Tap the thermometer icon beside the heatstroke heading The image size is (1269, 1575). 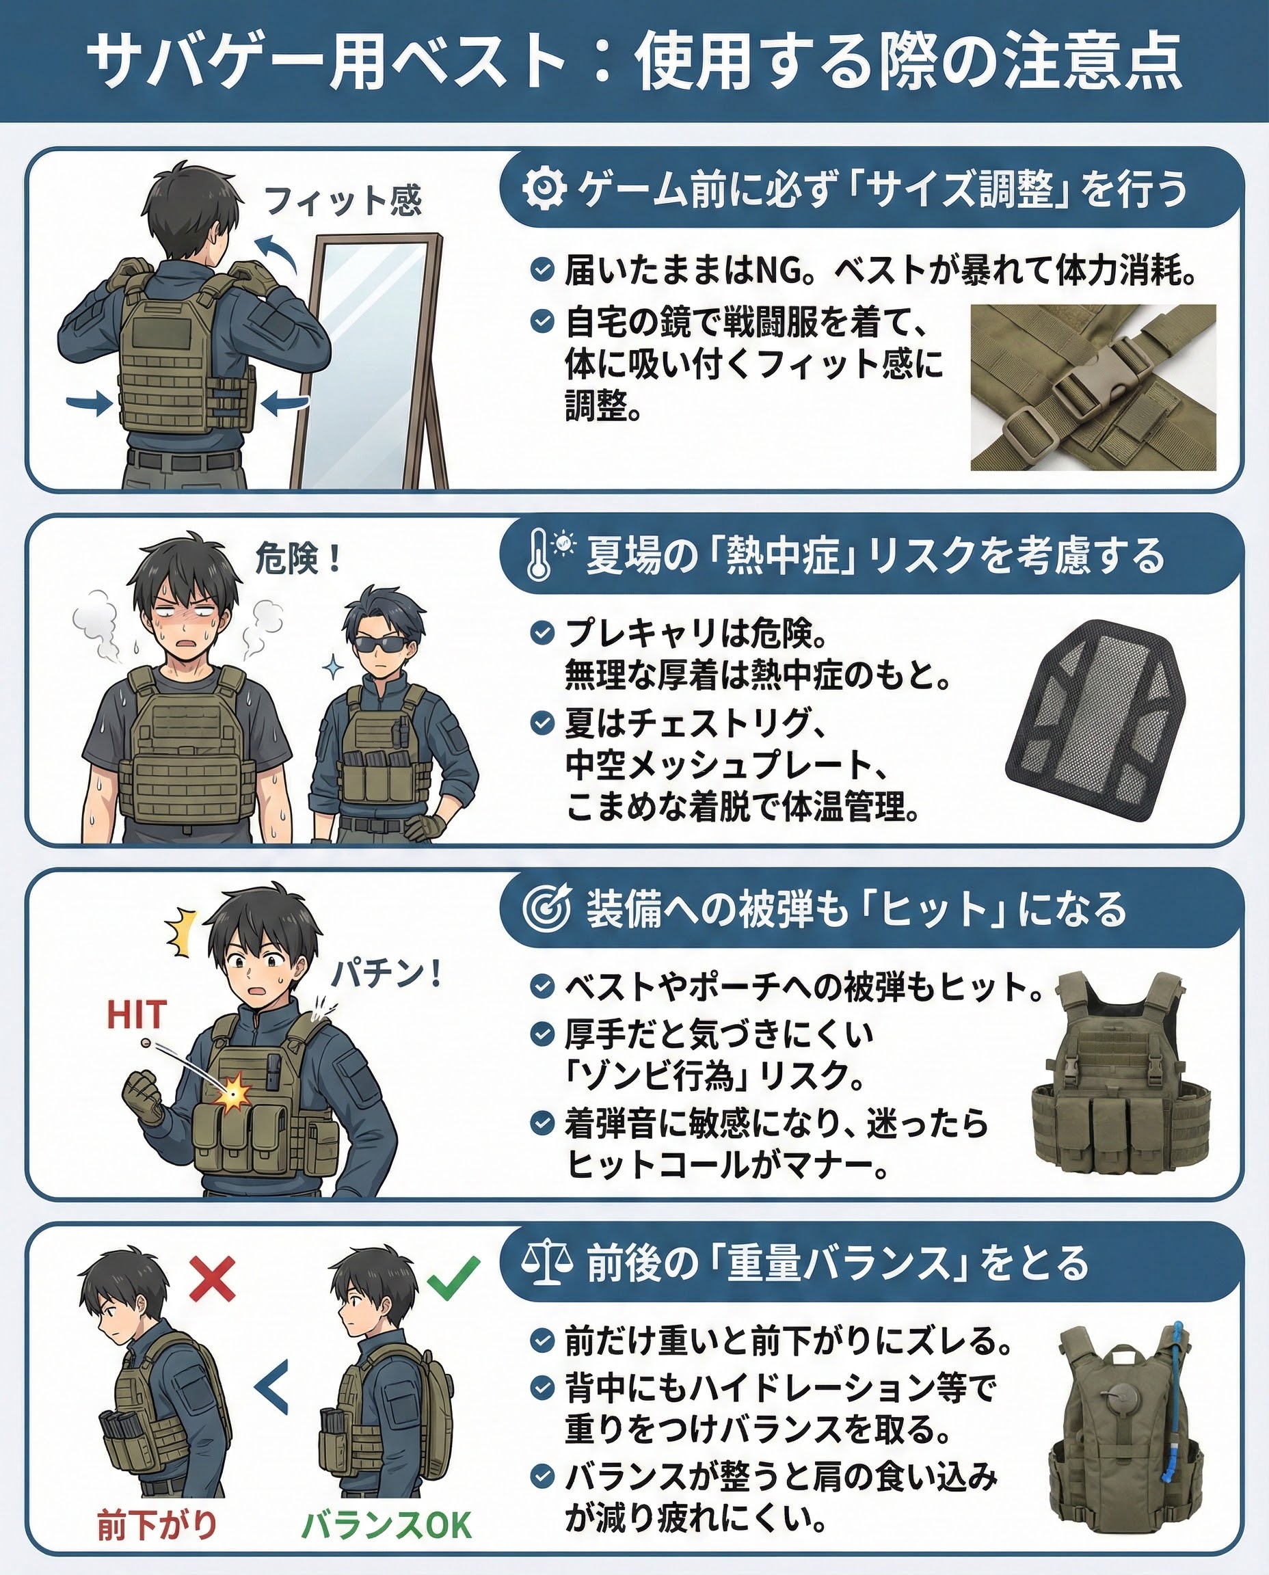(539, 558)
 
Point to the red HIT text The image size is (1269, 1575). (137, 1015)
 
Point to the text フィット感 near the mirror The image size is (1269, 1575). (343, 200)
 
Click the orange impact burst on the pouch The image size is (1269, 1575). (235, 1093)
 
